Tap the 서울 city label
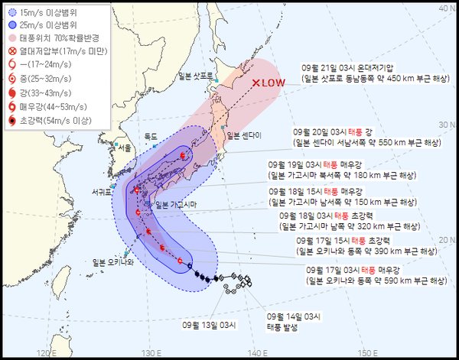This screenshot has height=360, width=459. click(x=123, y=148)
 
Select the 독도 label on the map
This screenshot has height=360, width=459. click(x=151, y=135)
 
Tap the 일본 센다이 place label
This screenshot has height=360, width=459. click(x=242, y=135)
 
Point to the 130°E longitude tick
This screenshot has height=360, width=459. click(x=151, y=352)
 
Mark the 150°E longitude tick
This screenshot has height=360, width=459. click(x=369, y=352)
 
